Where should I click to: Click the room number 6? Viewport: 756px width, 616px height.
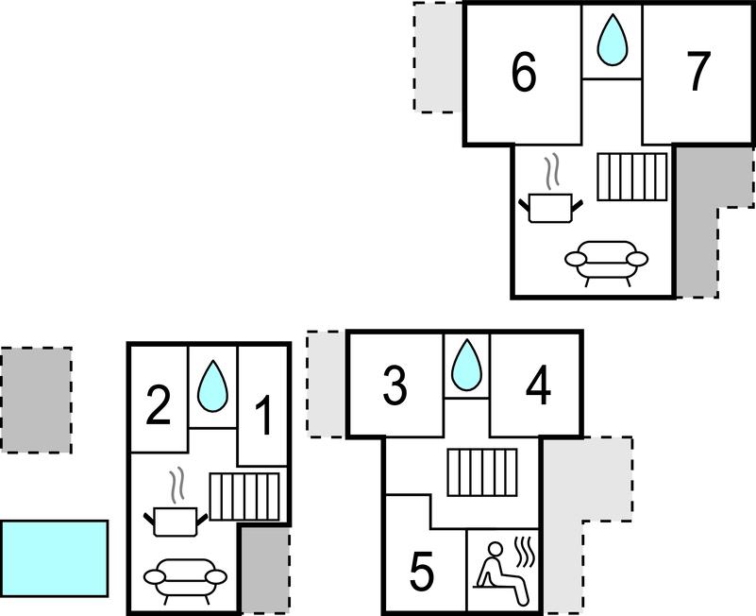click(523, 73)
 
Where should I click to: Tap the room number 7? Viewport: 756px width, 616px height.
click(697, 73)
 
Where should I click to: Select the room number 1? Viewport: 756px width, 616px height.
click(263, 416)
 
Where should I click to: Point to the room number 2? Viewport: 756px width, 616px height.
click(158, 406)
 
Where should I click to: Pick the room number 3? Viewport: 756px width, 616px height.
click(395, 385)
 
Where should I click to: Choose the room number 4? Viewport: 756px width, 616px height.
click(538, 385)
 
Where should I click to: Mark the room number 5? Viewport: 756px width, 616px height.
click(422, 571)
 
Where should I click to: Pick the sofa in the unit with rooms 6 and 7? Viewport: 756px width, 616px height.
click(606, 263)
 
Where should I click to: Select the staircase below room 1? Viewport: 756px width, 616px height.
click(244, 496)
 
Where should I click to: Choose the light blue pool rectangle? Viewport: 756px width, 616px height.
click(54, 557)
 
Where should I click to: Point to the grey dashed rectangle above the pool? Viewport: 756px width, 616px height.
click(36, 400)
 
